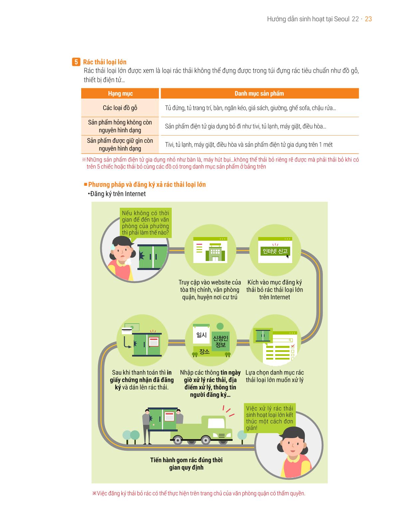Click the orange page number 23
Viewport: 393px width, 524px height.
click(368, 19)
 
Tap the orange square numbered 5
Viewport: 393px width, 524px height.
click(76, 62)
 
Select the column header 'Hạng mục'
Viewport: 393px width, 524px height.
click(120, 93)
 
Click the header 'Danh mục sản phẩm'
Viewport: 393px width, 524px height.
click(259, 93)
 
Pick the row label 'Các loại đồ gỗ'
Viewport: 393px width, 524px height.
click(120, 108)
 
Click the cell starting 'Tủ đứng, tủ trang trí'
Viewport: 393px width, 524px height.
click(250, 108)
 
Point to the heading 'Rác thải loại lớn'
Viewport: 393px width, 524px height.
click(105, 62)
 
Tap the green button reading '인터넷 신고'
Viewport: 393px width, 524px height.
click(275, 251)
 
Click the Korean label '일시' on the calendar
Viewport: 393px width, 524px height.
click(201, 335)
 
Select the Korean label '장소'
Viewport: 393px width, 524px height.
click(204, 351)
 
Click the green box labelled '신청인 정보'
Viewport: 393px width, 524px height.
click(221, 341)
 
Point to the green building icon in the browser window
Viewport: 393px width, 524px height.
click(215, 253)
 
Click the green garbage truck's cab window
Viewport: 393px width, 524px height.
click(216, 423)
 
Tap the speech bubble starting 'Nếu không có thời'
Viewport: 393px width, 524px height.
click(145, 223)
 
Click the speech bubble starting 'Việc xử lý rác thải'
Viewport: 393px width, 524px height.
click(270, 418)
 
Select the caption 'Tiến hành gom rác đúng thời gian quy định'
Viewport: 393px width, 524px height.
click(186, 463)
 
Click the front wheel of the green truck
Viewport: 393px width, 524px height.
click(205, 440)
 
